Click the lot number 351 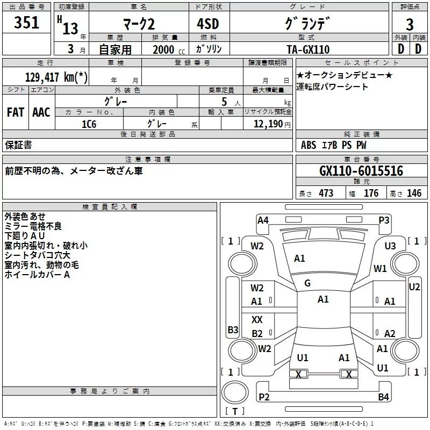tap(27, 23)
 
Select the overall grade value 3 tap(410, 25)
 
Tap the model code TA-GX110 tap(309, 49)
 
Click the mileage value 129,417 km tap(57, 77)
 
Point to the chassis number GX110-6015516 tap(361, 171)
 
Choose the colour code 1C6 tap(89, 124)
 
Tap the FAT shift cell tap(15, 112)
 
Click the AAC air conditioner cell tap(41, 112)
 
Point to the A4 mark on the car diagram tap(263, 220)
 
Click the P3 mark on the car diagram tap(384, 220)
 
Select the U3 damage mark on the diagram tap(390, 246)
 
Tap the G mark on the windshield tap(307, 283)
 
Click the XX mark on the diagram tap(257, 320)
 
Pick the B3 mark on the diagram tap(232, 329)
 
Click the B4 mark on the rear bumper tap(383, 397)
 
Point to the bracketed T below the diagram tap(234, 411)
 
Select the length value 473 tap(326, 193)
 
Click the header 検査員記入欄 tap(110, 206)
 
